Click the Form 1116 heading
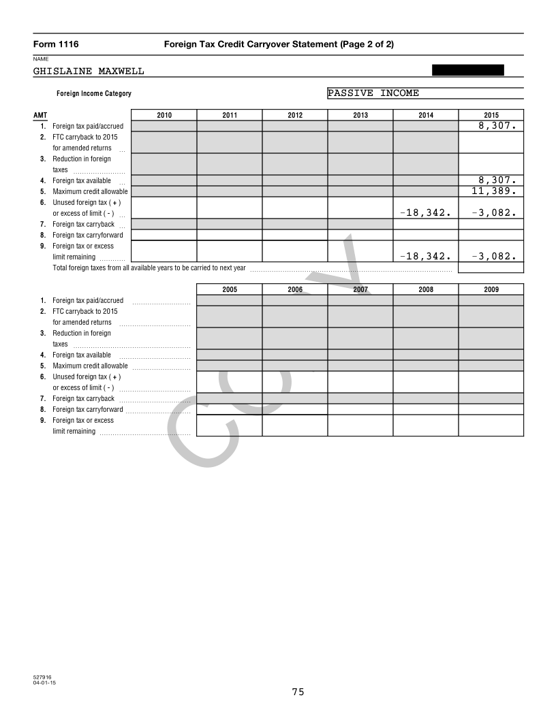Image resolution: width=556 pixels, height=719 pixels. (56, 44)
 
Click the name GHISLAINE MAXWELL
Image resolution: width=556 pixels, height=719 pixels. (89, 71)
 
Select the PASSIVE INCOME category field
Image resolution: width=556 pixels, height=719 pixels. (425, 93)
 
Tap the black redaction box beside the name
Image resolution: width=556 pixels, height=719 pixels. (468, 69)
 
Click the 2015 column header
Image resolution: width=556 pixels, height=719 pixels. (491, 115)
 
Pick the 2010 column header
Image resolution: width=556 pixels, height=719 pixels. (164, 115)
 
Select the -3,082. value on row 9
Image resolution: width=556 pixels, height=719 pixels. (491, 257)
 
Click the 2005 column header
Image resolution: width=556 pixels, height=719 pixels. (230, 289)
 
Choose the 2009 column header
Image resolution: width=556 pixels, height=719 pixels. (491, 289)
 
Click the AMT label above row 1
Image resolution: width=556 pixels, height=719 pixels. (40, 116)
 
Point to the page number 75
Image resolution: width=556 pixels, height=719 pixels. (298, 692)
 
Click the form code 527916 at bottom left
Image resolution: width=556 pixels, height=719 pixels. (42, 677)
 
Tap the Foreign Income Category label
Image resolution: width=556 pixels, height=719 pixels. (94, 94)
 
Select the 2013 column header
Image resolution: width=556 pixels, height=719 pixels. (360, 115)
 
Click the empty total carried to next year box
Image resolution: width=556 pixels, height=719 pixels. (491, 268)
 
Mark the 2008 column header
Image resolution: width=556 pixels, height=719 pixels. (426, 289)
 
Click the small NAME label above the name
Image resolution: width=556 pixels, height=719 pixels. (40, 59)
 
